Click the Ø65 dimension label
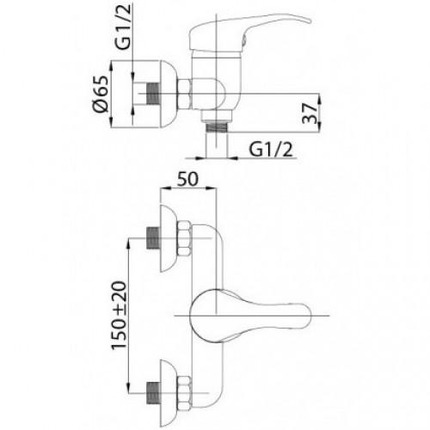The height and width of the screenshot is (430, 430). [x=101, y=94]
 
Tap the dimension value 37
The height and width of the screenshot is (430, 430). [x=310, y=113]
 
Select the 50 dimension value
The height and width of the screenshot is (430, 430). [x=187, y=179]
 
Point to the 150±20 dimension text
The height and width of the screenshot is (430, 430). [x=119, y=315]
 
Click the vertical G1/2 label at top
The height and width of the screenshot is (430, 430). [x=123, y=27]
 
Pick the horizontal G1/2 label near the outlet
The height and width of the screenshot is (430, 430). [x=271, y=150]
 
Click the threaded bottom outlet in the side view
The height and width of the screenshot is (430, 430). [x=217, y=126]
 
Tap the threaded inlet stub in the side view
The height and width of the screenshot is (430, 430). [x=153, y=94]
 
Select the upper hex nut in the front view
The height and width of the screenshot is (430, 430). [x=184, y=238]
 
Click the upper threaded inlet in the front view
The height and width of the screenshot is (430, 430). [x=152, y=238]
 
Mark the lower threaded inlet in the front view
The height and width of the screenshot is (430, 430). [x=152, y=393]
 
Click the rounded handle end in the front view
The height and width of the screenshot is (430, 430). [x=307, y=316]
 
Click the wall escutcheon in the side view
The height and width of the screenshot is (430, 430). [x=169, y=94]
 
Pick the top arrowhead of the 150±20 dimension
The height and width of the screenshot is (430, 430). [x=129, y=242]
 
